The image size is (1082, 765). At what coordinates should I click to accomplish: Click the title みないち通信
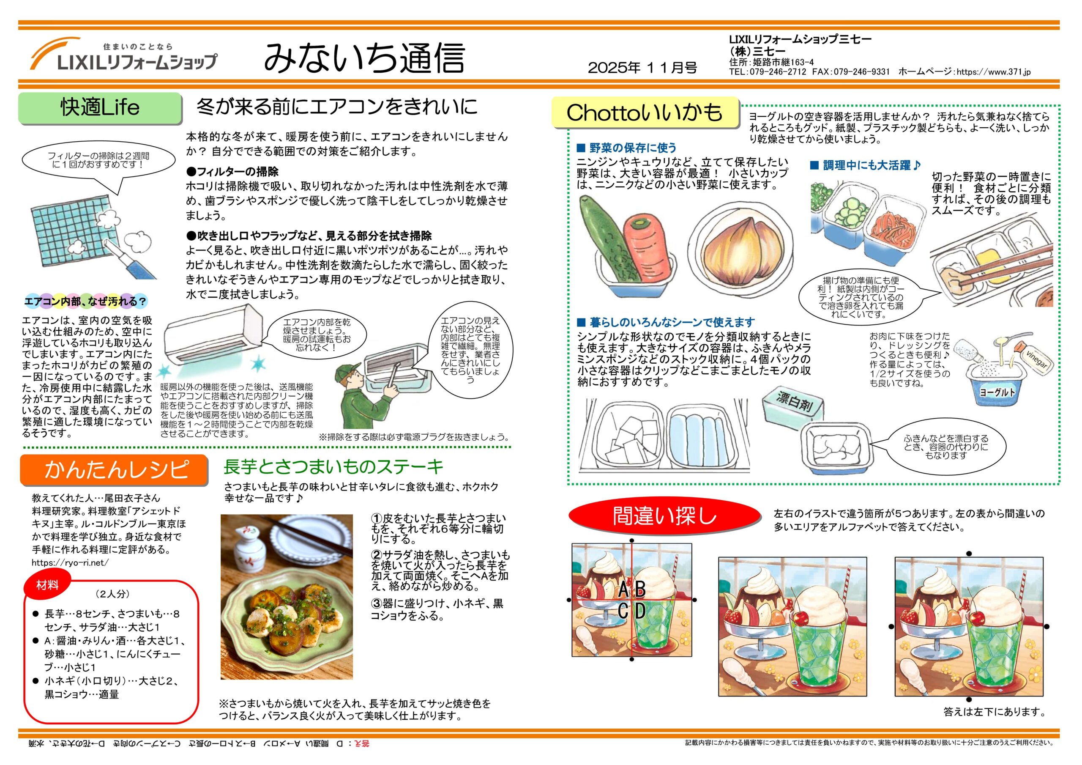click(364, 58)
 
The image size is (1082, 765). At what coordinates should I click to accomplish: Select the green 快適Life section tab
click(100, 108)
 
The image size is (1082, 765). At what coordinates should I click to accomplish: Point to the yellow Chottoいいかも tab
click(645, 112)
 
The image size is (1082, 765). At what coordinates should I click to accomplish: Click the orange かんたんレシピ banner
click(114, 469)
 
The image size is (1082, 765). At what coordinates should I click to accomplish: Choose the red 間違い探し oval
click(664, 515)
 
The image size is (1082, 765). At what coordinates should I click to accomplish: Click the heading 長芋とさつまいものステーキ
click(333, 466)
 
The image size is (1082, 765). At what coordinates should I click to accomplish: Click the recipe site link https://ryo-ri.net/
click(70, 563)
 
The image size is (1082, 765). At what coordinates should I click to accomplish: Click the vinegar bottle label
click(1037, 361)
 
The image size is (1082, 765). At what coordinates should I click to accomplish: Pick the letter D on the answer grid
click(640, 611)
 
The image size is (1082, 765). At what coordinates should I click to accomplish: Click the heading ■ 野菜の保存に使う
click(627, 148)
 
